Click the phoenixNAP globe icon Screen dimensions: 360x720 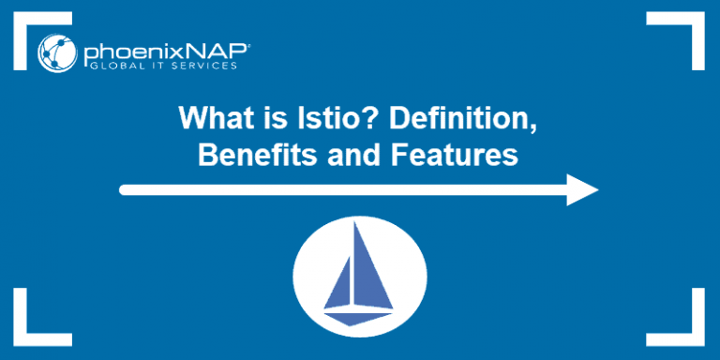point(53,53)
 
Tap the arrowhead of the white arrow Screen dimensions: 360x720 point(583,190)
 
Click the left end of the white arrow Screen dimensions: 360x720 point(125,190)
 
